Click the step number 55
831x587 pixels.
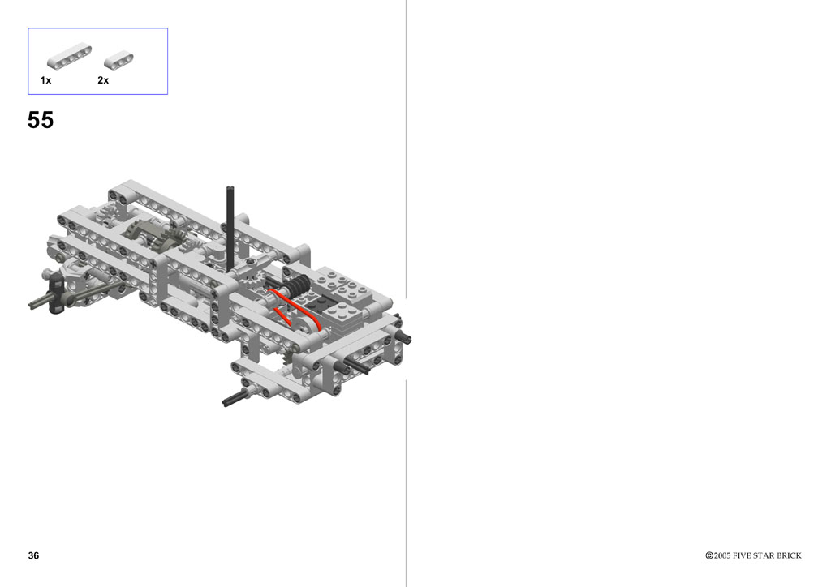41,120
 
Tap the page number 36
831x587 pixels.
33,555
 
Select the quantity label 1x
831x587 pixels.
45,80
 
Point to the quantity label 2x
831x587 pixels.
103,80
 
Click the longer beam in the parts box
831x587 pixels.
69,56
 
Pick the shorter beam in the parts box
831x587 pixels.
118,60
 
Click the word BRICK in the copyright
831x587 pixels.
789,555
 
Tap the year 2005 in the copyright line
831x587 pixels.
721,555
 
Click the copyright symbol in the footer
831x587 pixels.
709,555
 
